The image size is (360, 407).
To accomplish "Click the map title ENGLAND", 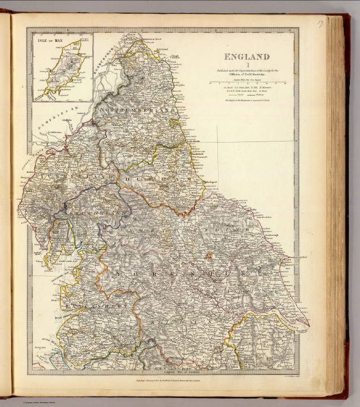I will coord(247,57).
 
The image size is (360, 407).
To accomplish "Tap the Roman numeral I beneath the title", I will coord(247,65).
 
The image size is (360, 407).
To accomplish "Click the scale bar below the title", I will coord(248,83).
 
